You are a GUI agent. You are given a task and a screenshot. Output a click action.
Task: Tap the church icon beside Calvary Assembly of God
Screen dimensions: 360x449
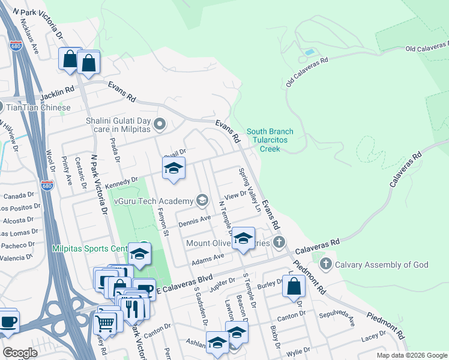pyautogui.click(x=326, y=263)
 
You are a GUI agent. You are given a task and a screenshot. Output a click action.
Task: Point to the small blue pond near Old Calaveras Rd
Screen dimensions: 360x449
pyautogui.click(x=309, y=52)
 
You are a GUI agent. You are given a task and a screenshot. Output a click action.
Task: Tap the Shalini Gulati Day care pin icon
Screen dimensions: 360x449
pyautogui.click(x=160, y=125)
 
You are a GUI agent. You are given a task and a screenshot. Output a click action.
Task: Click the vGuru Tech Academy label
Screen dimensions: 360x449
pyautogui.click(x=153, y=200)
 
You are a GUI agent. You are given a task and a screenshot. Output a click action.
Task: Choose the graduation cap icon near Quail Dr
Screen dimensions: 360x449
pyautogui.click(x=173, y=168)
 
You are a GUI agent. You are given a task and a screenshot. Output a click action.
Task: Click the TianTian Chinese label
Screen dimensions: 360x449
pyautogui.click(x=39, y=108)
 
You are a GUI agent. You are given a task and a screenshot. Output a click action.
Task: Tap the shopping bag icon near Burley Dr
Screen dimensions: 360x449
pyautogui.click(x=294, y=286)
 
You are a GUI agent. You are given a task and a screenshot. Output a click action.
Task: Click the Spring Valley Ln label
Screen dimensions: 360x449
pyautogui.click(x=250, y=191)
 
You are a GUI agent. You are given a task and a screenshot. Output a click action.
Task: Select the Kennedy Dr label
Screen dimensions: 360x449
pyautogui.click(x=122, y=182)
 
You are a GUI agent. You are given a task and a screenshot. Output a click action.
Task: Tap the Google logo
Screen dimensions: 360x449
pyautogui.click(x=20, y=353)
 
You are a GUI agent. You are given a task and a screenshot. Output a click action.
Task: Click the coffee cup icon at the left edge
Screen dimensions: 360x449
pyautogui.click(x=8, y=321)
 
